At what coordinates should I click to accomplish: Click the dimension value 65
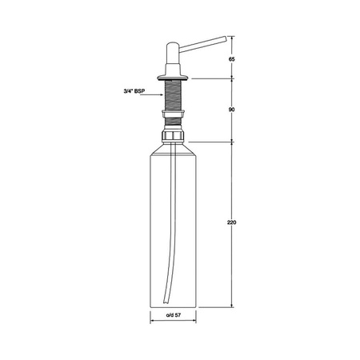point(231,59)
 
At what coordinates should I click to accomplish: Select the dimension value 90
point(231,110)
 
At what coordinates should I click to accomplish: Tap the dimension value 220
point(231,222)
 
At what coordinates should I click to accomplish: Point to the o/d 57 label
point(174,315)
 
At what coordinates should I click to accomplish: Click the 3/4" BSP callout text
point(134,91)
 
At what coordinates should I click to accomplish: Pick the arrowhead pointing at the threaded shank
point(161,94)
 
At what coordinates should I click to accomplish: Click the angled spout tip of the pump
point(225,39)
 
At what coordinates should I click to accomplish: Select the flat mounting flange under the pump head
point(173,78)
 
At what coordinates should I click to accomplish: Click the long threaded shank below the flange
point(173,95)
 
